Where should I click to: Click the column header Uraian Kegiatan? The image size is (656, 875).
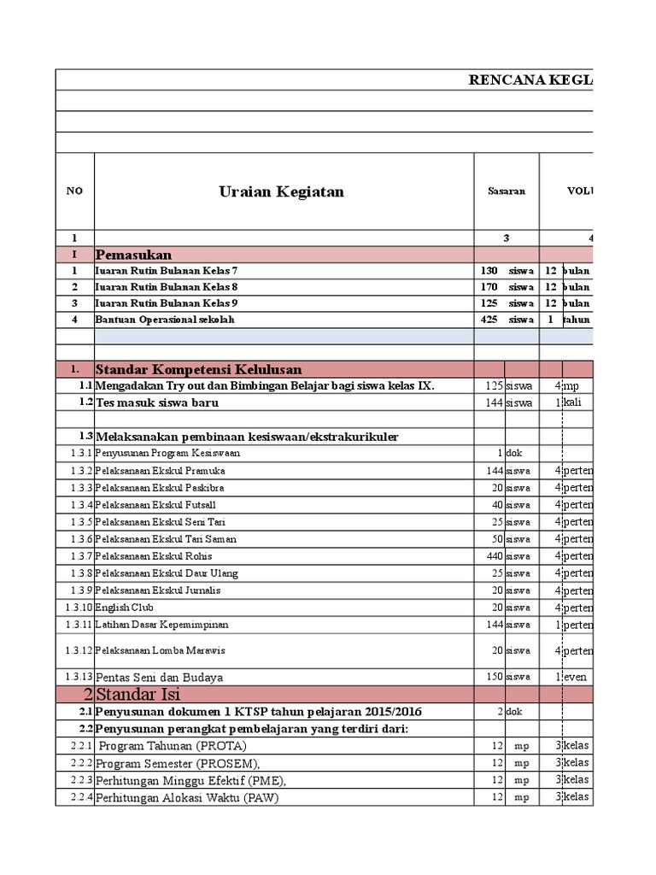[281, 191]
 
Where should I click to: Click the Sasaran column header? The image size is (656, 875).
[507, 191]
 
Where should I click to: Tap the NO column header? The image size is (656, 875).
[74, 191]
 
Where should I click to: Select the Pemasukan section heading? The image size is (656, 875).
[134, 255]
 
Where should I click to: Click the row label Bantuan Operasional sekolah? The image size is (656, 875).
[165, 320]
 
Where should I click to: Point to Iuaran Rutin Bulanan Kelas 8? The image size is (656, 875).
[167, 287]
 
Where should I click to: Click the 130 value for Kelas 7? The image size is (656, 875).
[489, 271]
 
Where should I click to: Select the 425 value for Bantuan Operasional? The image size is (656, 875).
[489, 320]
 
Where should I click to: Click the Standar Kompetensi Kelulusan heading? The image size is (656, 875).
[199, 369]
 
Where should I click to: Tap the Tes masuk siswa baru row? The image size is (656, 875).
[157, 402]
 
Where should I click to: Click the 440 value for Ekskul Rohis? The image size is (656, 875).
[492, 556]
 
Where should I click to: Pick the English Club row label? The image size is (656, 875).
[125, 608]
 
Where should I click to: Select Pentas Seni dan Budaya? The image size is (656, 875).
[160, 677]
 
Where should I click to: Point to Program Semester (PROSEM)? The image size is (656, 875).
[178, 763]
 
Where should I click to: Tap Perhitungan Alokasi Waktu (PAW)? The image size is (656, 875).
[187, 798]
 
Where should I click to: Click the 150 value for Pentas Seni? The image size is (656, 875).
[492, 677]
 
